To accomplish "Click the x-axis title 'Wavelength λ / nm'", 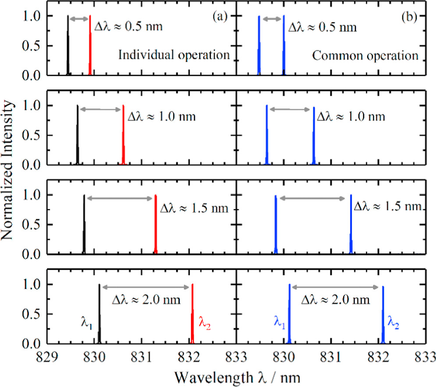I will pyautogui.click(x=237, y=376).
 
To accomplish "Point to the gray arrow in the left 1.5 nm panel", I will pyautogui.click(x=120, y=198).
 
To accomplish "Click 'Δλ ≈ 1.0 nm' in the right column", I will pyautogui.click(x=351, y=117).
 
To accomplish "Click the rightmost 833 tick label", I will pyautogui.click(x=425, y=356).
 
